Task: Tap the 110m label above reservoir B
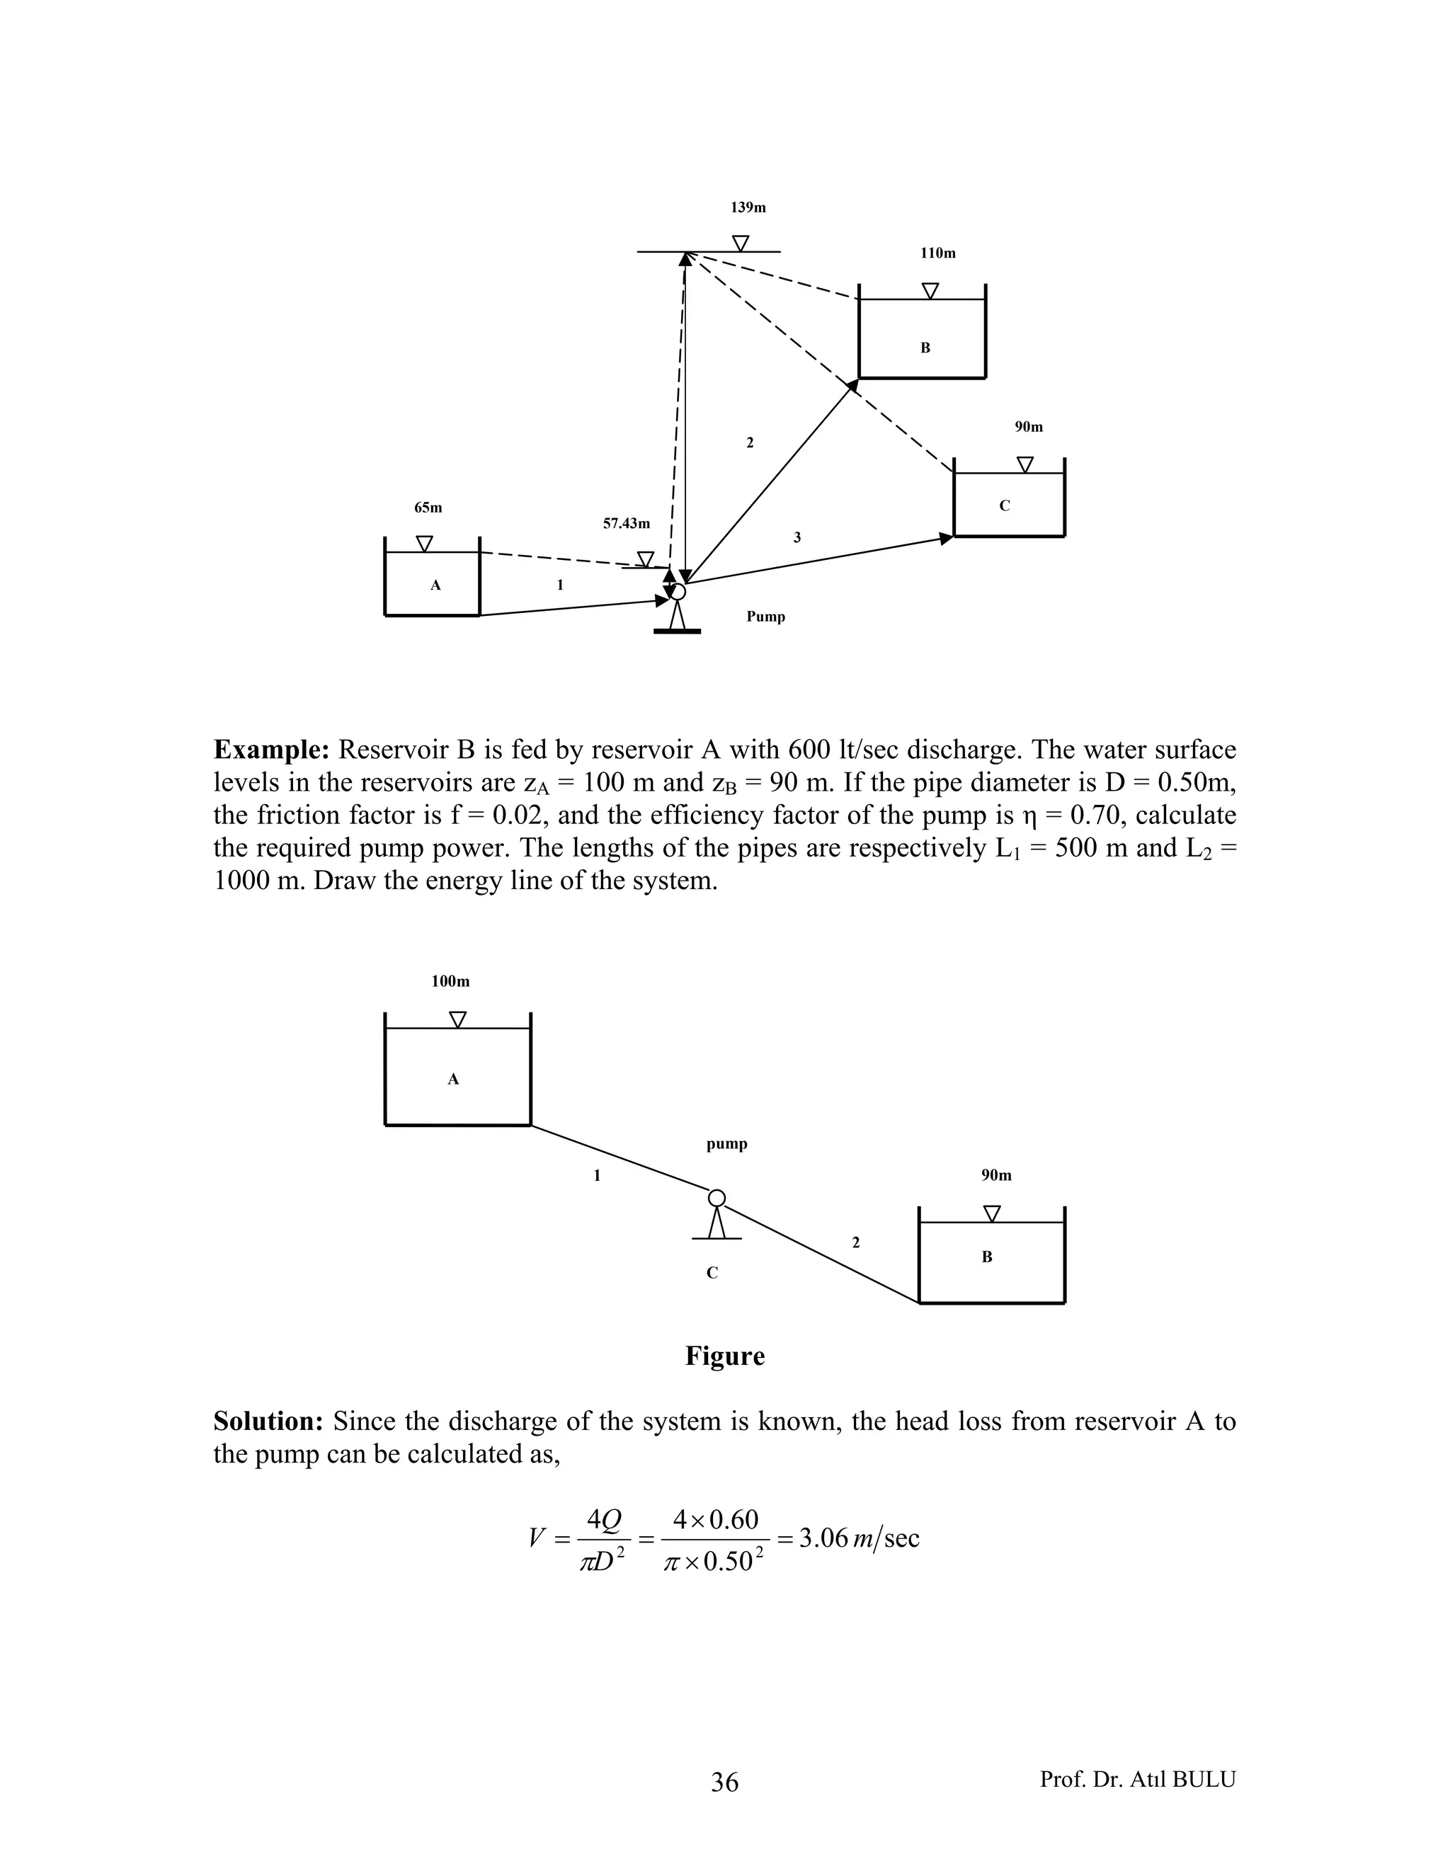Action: (938, 253)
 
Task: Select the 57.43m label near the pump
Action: (626, 523)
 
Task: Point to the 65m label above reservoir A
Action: (428, 508)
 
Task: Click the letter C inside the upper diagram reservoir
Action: (1004, 506)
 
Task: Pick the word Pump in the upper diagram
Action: (765, 617)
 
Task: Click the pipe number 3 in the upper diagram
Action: (797, 538)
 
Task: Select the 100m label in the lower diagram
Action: (450, 981)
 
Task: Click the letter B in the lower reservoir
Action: (987, 1257)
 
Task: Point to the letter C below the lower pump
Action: (712, 1273)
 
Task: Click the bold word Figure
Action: (725, 1356)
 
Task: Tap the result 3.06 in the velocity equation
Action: (823, 1538)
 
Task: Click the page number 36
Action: (725, 1783)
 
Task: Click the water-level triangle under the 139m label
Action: (740, 243)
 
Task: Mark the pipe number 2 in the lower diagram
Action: (855, 1242)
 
